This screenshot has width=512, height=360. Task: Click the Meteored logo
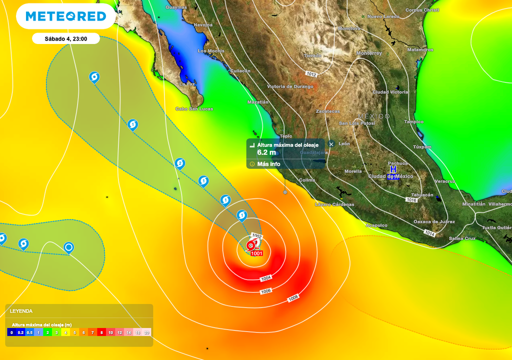pyautogui.click(x=66, y=16)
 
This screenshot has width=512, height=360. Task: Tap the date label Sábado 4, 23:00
pyautogui.click(x=65, y=38)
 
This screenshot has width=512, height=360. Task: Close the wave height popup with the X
pyautogui.click(x=331, y=144)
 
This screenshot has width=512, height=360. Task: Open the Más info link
pyautogui.click(x=268, y=164)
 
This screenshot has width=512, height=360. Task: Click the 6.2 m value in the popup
pyautogui.click(x=266, y=152)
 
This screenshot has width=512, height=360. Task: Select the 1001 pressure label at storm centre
pyautogui.click(x=256, y=253)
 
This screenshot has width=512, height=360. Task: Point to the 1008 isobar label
pyautogui.click(x=293, y=299)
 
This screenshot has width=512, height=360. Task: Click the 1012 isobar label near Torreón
pyautogui.click(x=311, y=74)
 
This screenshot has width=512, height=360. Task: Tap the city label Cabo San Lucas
pyautogui.click(x=194, y=108)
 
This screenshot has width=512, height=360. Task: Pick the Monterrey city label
pyautogui.click(x=369, y=53)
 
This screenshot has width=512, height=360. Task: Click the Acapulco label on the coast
pyautogui.click(x=376, y=225)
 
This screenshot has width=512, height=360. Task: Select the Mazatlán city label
pyautogui.click(x=258, y=102)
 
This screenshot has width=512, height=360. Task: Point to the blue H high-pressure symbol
pyautogui.click(x=393, y=169)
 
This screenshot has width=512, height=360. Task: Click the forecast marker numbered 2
pyautogui.click(x=180, y=163)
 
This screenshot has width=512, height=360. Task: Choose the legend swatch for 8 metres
pyautogui.click(x=101, y=332)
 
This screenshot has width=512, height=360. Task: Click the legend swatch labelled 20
pyautogui.click(x=146, y=332)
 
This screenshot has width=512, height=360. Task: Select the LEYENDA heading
pyautogui.click(x=21, y=311)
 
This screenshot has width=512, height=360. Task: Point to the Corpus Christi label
pyautogui.click(x=422, y=10)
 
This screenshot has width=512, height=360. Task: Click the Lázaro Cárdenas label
pyautogui.click(x=334, y=204)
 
